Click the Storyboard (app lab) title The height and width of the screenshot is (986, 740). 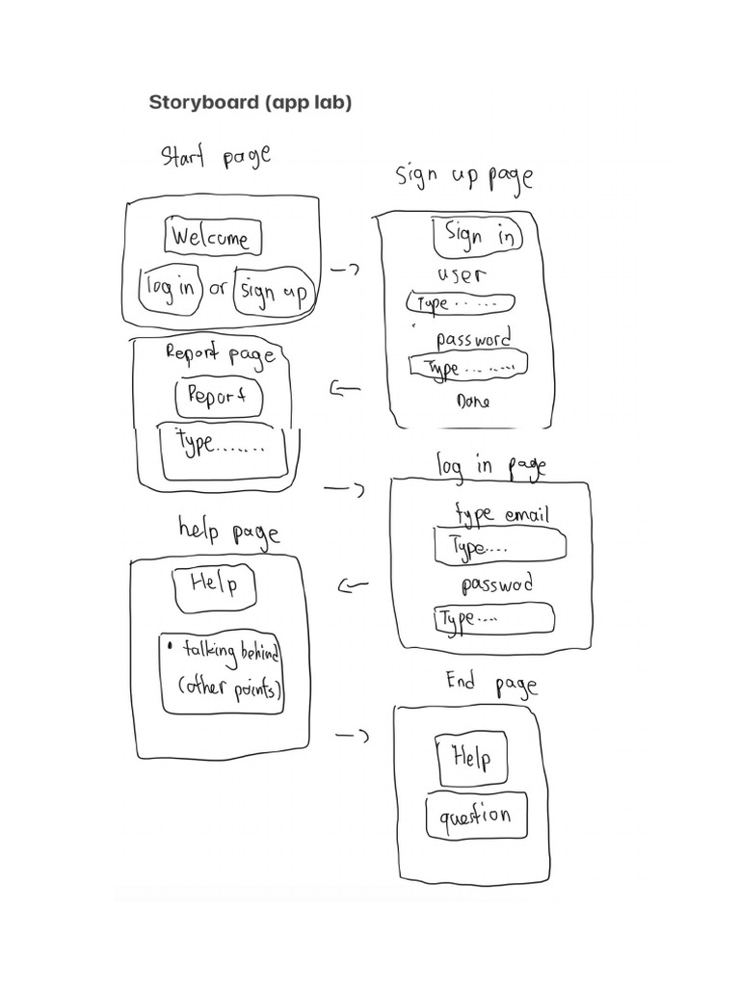[251, 102]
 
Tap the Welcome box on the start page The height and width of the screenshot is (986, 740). [210, 238]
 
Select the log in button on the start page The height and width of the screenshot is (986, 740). [171, 288]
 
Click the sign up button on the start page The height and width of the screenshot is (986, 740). [274, 290]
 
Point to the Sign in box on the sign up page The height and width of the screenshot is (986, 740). [478, 236]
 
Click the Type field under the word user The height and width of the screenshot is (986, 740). [461, 303]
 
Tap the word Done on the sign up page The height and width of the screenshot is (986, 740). [472, 402]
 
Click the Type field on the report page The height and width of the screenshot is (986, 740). [224, 450]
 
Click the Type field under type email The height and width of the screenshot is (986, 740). [499, 546]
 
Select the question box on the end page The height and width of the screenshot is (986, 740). [477, 817]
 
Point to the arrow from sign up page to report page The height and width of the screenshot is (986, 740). [345, 389]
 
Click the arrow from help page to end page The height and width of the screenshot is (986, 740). [352, 737]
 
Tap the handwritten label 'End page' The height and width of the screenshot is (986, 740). [490, 684]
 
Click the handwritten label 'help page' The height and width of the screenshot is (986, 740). [228, 530]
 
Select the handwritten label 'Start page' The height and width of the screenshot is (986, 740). [215, 156]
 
